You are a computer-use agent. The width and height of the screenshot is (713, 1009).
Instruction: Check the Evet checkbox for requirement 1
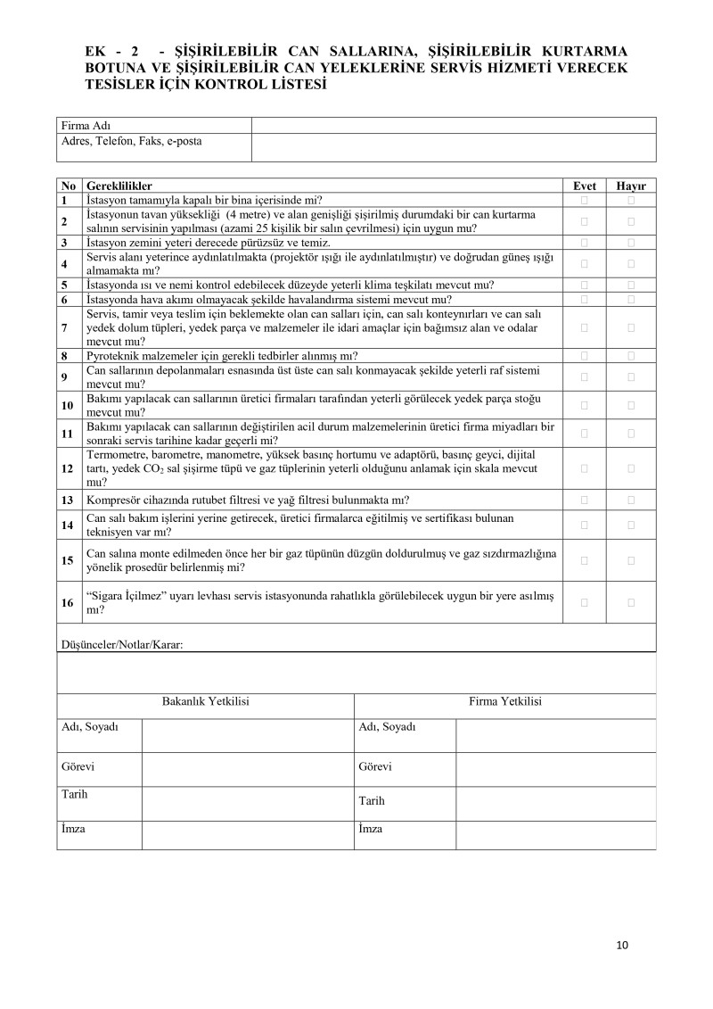[x=585, y=201]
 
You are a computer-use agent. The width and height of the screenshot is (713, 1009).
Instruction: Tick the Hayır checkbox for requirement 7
[x=631, y=327]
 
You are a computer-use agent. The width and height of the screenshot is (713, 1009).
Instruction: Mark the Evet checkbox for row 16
[x=585, y=602]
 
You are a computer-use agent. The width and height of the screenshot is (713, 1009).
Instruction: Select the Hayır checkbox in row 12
[x=631, y=467]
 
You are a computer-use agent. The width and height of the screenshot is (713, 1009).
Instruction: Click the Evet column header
[x=585, y=186]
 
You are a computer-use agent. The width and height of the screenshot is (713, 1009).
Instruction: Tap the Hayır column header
[x=631, y=186]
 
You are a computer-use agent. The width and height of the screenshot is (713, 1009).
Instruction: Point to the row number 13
[x=67, y=500]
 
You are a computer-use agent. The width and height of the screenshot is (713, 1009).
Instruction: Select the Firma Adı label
[x=86, y=126]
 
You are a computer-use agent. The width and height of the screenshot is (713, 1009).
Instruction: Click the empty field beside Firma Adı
[x=454, y=126]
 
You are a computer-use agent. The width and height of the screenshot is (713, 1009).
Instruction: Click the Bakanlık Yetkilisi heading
[x=205, y=702]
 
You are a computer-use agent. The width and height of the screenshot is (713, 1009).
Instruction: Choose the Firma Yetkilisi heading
[x=505, y=702]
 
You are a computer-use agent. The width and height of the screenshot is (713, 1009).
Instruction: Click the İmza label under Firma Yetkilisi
[x=370, y=829]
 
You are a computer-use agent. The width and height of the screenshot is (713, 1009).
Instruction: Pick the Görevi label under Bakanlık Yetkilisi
[x=77, y=767]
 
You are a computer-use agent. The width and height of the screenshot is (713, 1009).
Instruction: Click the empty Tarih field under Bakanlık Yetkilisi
[x=247, y=800]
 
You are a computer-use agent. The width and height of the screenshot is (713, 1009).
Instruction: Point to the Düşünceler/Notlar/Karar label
[x=121, y=644]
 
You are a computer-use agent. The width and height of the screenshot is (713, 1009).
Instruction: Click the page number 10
[x=622, y=946]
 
